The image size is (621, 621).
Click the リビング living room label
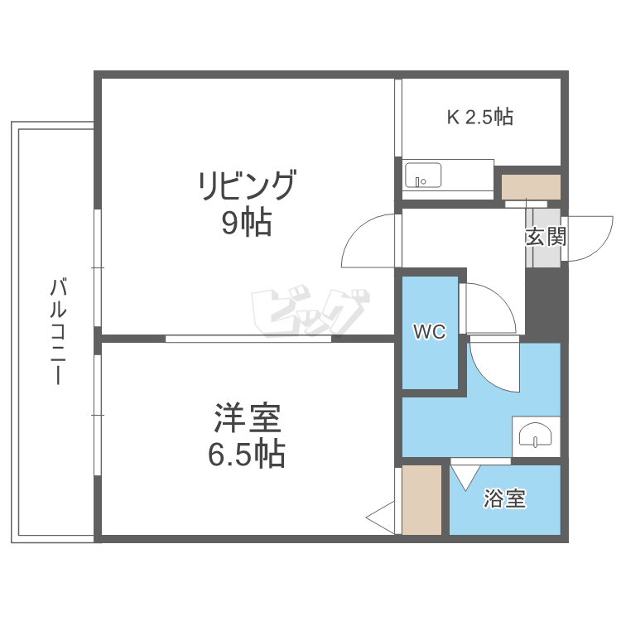(x=247, y=185)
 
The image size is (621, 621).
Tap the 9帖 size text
(x=247, y=223)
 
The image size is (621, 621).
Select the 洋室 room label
(x=247, y=417)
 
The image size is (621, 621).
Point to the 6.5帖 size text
(x=247, y=454)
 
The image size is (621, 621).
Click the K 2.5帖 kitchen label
(x=480, y=117)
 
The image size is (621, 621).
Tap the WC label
(x=430, y=331)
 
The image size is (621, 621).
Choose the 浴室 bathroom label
(x=504, y=498)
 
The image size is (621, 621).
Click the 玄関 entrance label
(x=546, y=237)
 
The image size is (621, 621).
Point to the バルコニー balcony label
(x=58, y=331)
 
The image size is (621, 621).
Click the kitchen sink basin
(x=423, y=175)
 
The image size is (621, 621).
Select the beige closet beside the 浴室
(x=421, y=500)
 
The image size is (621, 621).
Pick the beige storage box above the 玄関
(x=531, y=187)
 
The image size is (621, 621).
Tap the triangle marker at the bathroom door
(x=465, y=478)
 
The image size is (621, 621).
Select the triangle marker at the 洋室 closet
(x=380, y=517)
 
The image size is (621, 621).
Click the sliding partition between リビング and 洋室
(x=248, y=339)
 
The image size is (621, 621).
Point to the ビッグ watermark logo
(x=310, y=310)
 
